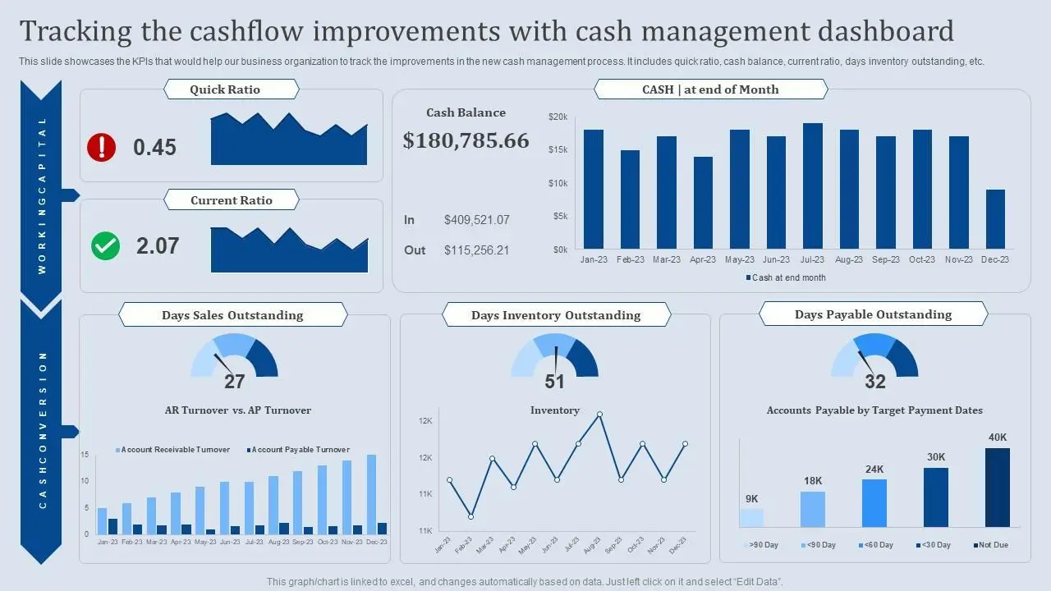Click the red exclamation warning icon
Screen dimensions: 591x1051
[102, 147]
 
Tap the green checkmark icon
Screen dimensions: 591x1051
[105, 245]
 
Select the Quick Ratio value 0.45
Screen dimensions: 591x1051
[154, 148]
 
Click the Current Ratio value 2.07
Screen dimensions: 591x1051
[158, 246]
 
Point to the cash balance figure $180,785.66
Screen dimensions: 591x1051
[466, 140]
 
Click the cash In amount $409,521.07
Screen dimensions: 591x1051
[476, 220]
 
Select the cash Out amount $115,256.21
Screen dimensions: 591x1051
[476, 250]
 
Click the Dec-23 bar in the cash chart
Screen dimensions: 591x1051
[995, 219]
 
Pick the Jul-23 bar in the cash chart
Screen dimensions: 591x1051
[813, 186]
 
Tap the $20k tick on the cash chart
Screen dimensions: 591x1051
[558, 117]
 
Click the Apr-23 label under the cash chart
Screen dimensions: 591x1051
[703, 259]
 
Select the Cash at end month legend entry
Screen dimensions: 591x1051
[786, 277]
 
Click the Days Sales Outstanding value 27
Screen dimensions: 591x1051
[235, 382]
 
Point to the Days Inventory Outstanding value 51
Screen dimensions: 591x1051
[555, 382]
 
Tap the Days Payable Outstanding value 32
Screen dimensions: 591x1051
[875, 382]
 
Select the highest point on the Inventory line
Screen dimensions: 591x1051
[599, 415]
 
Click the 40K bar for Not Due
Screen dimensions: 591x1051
[998, 488]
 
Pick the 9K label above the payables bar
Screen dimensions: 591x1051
[752, 499]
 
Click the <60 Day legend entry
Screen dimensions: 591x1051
[876, 545]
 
